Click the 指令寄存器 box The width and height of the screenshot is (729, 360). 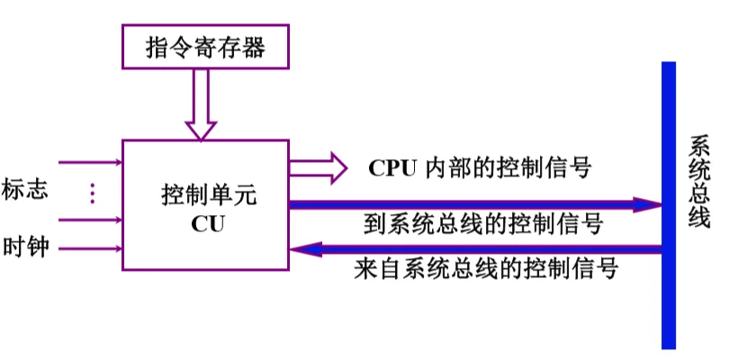tap(206, 48)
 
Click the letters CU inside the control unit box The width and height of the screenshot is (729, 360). tap(206, 222)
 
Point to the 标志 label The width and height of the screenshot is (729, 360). tap(25, 191)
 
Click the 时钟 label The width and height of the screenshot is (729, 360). tap(25, 246)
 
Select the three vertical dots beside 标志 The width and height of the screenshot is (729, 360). tap(91, 193)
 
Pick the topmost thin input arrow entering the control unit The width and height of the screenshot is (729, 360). tap(90, 163)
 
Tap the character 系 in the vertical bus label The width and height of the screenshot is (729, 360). tap(699, 147)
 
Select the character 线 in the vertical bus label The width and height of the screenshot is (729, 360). tap(699, 218)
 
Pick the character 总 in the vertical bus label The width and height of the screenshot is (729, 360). tap(699, 193)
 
